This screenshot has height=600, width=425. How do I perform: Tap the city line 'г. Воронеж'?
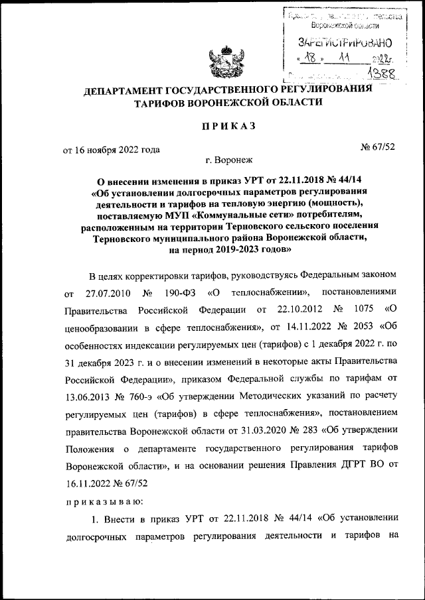click(x=229, y=160)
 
